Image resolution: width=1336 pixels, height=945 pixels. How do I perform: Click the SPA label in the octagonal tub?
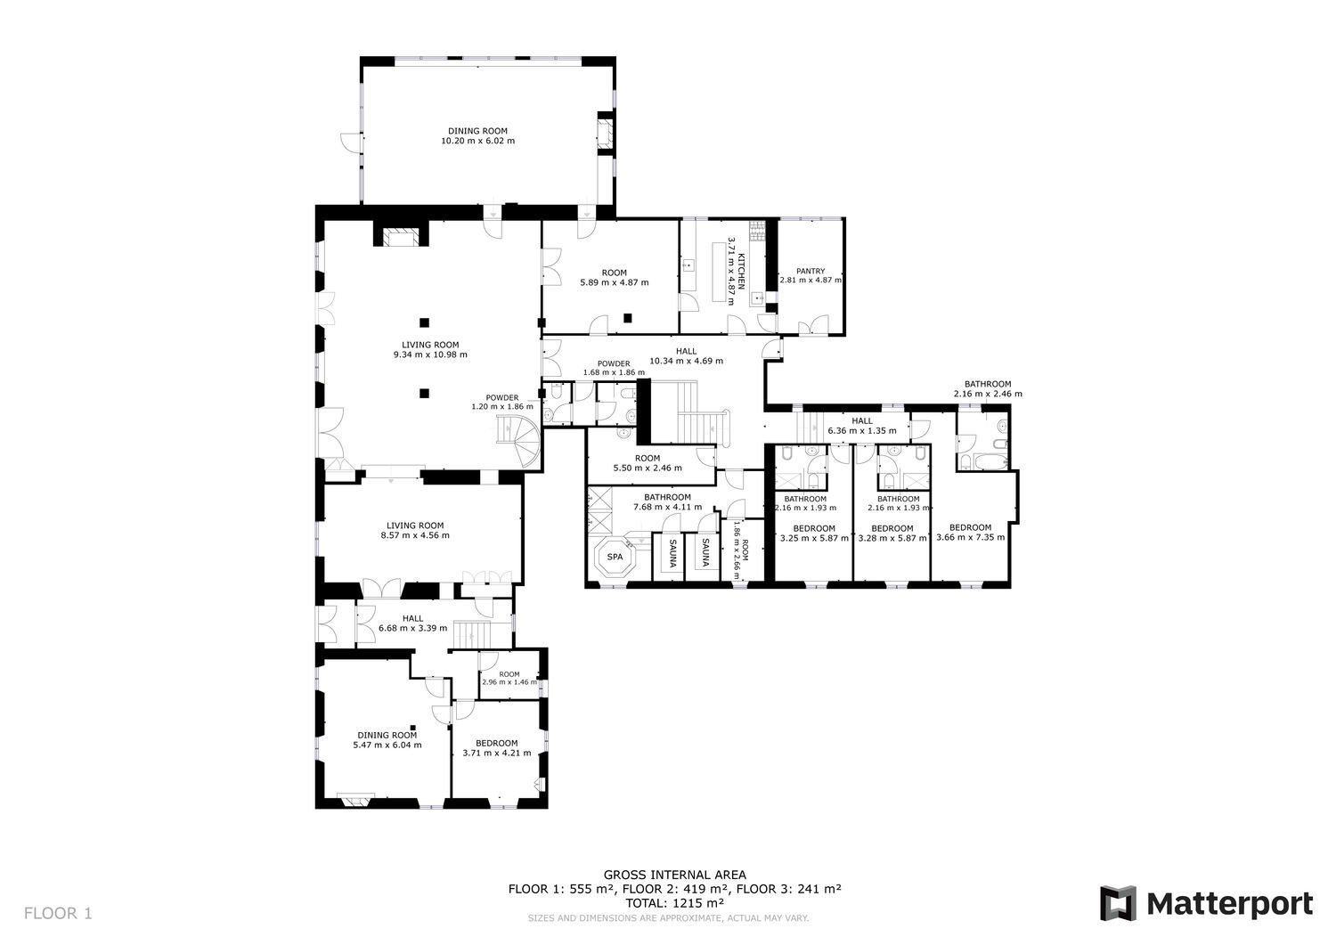coord(615,557)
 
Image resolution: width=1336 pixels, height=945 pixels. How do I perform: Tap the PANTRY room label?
coord(811,271)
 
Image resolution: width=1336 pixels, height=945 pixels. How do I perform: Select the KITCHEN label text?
coord(741,272)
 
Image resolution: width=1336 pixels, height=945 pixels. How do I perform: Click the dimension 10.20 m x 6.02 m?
coord(477,141)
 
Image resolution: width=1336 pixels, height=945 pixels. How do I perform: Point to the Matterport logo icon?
coord(1119,903)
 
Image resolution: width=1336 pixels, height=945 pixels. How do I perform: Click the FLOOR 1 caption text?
coord(59,913)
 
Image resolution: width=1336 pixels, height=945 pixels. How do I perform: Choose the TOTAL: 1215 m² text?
coord(674,902)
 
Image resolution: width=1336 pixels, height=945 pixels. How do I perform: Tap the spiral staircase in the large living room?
coord(519,440)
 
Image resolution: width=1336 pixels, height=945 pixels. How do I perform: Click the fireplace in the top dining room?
coord(606,134)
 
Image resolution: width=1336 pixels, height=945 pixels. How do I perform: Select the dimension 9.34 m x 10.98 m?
coord(430,354)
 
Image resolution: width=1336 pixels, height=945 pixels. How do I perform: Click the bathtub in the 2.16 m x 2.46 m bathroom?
coord(990,461)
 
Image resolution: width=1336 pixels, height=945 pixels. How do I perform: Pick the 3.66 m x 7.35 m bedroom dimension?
coord(971,537)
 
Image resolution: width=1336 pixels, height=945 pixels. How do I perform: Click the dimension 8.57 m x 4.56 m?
coord(415,535)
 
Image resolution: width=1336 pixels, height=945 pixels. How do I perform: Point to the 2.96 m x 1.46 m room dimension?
coord(509,682)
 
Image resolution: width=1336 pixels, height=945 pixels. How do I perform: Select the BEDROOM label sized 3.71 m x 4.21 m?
coord(496,744)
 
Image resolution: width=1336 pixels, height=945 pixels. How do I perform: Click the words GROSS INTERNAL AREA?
coord(674,876)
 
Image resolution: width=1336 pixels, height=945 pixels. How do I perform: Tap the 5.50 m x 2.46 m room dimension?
coord(648,468)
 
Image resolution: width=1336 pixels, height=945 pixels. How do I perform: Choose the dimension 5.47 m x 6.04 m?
coord(387,745)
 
